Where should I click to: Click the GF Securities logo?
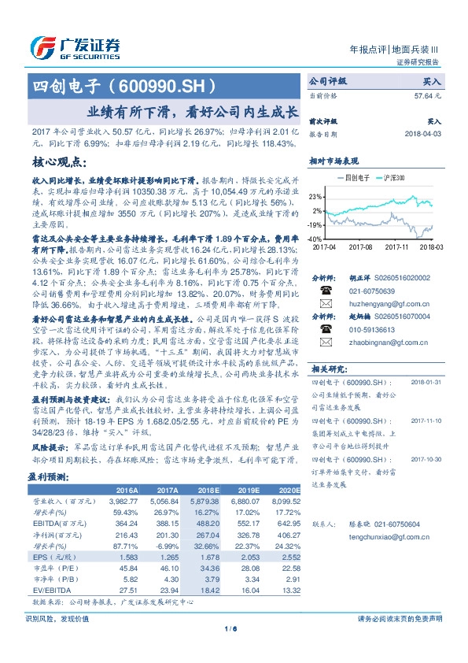[x=75, y=46]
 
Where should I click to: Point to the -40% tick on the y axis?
[x=315, y=238]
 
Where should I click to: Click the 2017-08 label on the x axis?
[x=359, y=246]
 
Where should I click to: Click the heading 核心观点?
[x=57, y=161]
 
